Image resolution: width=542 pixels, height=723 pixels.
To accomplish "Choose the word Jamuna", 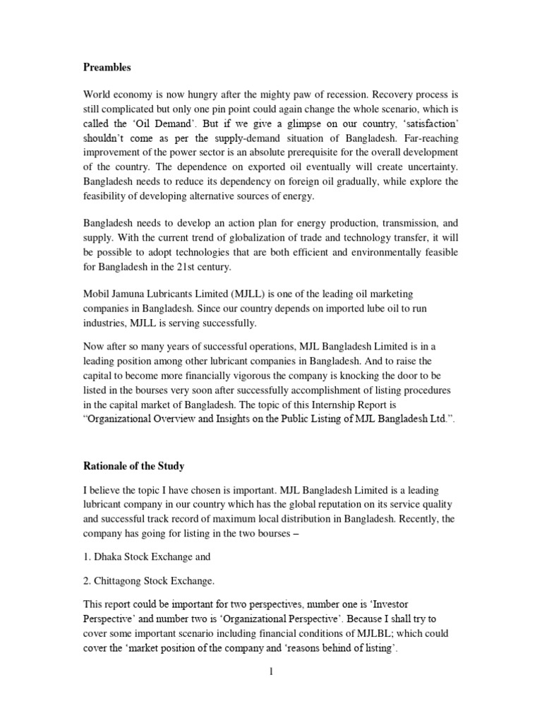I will pos(135,293).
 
